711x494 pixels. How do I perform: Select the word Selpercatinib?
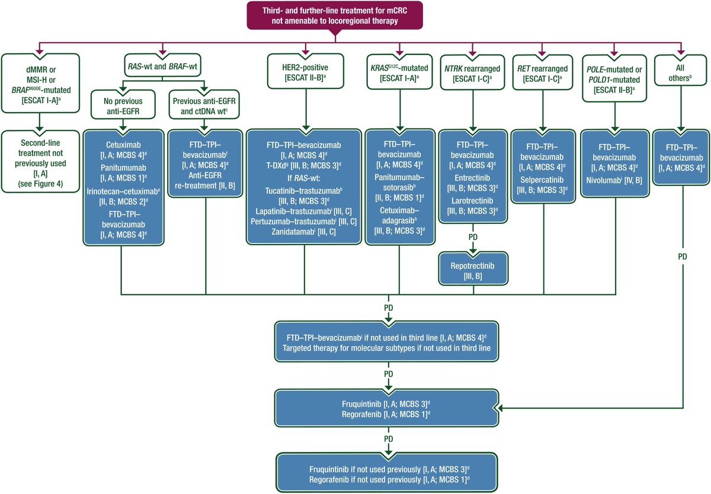point(543,179)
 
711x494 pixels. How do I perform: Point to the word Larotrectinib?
point(472,200)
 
